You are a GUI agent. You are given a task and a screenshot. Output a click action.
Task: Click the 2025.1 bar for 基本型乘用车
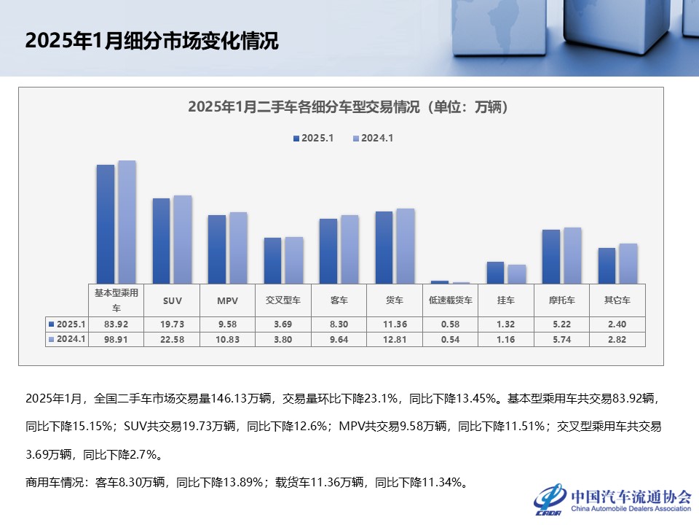[106, 224]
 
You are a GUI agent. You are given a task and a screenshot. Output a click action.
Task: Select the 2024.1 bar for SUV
[183, 239]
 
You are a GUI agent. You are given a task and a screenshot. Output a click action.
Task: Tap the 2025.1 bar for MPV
[217, 249]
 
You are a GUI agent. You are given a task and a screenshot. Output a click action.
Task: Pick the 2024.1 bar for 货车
[406, 246]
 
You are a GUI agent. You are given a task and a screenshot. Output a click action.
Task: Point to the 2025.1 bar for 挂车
[495, 273]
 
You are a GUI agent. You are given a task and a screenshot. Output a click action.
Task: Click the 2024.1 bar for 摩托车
[572, 255]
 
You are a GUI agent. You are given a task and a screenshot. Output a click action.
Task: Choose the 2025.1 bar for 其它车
[607, 265]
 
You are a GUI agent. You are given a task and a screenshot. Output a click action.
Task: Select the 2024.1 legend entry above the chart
[373, 138]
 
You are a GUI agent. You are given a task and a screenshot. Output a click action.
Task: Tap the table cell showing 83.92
[116, 324]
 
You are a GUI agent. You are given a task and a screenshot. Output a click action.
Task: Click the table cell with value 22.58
[173, 339]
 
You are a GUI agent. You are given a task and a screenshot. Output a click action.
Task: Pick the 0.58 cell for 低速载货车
[450, 324]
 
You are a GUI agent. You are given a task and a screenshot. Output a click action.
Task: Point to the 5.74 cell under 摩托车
[561, 339]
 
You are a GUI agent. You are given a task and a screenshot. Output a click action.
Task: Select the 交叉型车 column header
[283, 300]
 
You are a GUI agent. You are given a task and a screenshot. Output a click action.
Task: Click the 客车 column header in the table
[339, 300]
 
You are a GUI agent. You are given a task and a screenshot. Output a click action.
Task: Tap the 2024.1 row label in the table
[68, 339]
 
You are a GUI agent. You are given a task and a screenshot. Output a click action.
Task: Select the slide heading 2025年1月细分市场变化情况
[151, 41]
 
